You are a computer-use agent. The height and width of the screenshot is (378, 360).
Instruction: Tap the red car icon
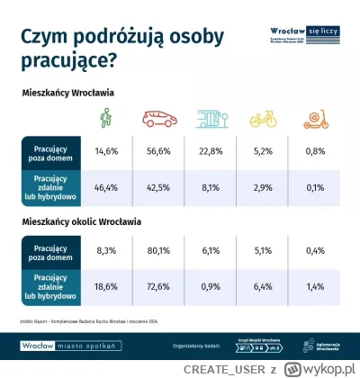click(159, 119)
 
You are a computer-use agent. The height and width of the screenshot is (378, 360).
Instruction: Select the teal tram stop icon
click(213, 119)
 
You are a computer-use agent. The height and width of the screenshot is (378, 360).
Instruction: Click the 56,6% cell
click(159, 150)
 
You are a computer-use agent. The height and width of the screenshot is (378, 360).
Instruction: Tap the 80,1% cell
click(159, 250)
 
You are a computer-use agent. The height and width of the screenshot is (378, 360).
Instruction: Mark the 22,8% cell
click(212, 150)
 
